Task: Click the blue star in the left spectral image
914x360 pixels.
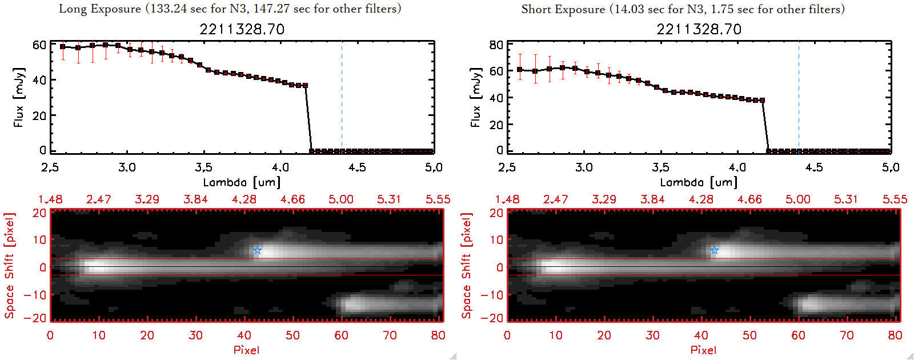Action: point(257,250)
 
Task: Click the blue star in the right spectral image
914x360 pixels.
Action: point(714,250)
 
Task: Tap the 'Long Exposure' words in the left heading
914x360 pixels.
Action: point(100,9)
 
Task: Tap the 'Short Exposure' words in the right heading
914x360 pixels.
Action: point(563,9)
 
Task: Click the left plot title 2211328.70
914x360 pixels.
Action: point(242,29)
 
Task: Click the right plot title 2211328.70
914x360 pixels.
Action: point(699,29)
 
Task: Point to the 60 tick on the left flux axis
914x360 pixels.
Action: point(39,45)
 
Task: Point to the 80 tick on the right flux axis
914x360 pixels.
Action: point(496,45)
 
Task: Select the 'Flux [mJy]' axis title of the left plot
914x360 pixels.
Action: point(19,97)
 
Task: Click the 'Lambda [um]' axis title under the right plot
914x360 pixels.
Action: point(699,182)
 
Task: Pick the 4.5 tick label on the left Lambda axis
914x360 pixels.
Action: point(357,167)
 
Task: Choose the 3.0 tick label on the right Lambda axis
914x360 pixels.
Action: point(584,167)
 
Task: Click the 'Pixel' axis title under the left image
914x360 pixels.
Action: point(246,350)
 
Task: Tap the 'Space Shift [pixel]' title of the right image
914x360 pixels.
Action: point(467,266)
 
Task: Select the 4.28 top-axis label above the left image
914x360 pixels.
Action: point(244,199)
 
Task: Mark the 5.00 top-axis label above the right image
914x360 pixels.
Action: point(797,199)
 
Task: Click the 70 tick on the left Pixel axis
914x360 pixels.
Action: point(390,335)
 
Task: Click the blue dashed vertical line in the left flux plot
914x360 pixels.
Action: point(342,97)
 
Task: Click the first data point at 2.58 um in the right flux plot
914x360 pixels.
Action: point(520,70)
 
